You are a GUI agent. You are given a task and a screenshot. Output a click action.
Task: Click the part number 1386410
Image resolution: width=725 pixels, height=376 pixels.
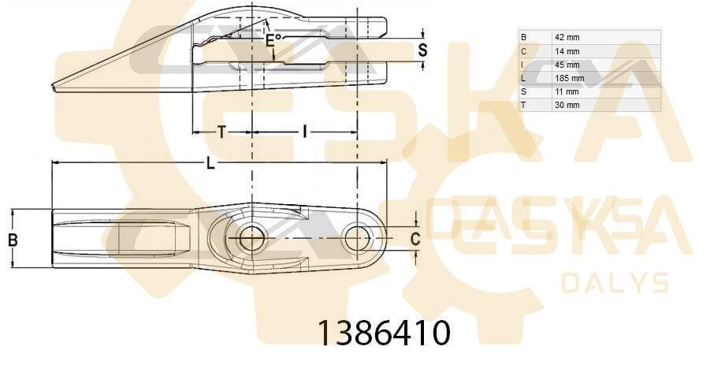coord(384,333)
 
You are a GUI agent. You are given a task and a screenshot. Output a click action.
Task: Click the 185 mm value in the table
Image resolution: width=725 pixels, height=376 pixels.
coord(568,78)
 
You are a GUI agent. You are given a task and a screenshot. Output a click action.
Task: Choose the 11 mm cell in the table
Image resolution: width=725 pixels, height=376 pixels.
coord(566,91)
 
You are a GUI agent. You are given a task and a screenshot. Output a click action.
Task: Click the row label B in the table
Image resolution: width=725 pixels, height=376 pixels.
coord(523,37)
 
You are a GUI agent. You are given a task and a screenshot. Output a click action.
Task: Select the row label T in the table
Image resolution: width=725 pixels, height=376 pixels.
coord(523,105)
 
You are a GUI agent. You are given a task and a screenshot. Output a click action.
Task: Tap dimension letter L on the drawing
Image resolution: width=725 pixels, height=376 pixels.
coord(210,163)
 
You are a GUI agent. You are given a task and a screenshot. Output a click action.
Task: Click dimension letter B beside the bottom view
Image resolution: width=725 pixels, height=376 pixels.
coord(13,239)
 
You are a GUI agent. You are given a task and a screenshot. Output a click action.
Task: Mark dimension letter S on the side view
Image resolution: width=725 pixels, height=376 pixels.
coord(422,50)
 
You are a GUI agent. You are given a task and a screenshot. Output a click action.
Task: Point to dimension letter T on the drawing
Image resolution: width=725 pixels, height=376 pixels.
coord(221,132)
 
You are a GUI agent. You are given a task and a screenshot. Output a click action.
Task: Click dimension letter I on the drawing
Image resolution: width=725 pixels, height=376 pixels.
coord(304,132)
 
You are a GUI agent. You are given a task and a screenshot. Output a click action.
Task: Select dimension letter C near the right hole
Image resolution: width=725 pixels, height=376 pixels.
coord(415,237)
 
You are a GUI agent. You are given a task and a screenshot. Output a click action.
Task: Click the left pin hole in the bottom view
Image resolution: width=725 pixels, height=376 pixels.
coord(251,237)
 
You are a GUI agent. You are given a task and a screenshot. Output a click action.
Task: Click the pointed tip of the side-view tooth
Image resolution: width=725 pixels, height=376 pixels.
coord(54,87)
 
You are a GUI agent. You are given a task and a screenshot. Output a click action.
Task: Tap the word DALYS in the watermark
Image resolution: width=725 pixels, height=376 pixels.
coord(615,282)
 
